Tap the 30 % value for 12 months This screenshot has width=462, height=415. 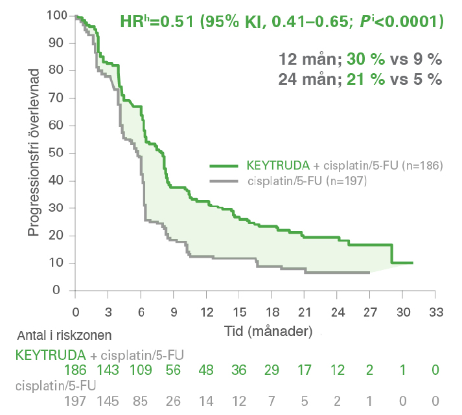pyautogui.click(x=364, y=60)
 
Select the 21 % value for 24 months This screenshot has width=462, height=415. pyautogui.click(x=364, y=79)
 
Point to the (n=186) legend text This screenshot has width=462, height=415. pyautogui.click(x=421, y=166)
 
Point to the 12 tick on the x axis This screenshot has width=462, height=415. pyautogui.click(x=206, y=312)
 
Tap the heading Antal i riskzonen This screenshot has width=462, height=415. pyautogui.click(x=64, y=335)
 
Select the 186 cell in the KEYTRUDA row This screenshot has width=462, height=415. pyautogui.click(x=76, y=370)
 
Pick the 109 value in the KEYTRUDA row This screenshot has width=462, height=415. pyautogui.click(x=140, y=370)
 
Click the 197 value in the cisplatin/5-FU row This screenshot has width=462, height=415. pyautogui.click(x=76, y=401)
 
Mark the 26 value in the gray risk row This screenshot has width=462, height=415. pyautogui.click(x=173, y=401)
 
